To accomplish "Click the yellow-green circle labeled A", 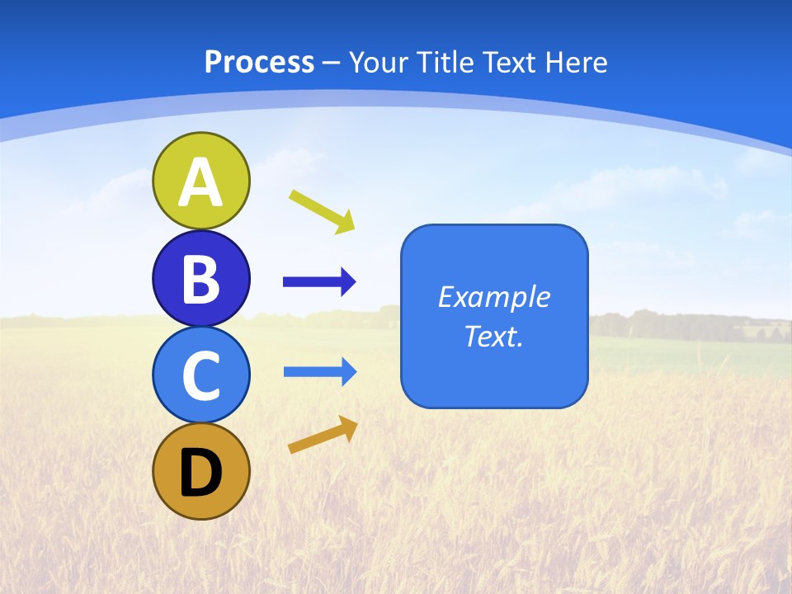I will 201,181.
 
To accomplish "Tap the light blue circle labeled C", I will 201,375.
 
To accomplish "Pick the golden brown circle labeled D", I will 201,471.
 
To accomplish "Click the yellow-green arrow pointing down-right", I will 322,211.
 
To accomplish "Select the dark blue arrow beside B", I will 319,282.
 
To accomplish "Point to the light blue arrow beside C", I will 320,372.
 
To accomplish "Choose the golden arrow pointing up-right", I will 323,435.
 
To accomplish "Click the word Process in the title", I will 259,62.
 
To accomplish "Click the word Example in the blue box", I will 493,297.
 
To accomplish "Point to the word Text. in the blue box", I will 493,336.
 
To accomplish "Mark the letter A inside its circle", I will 201,182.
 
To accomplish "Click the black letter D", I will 201,473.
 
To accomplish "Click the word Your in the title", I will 379,62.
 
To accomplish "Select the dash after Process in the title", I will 332,63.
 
